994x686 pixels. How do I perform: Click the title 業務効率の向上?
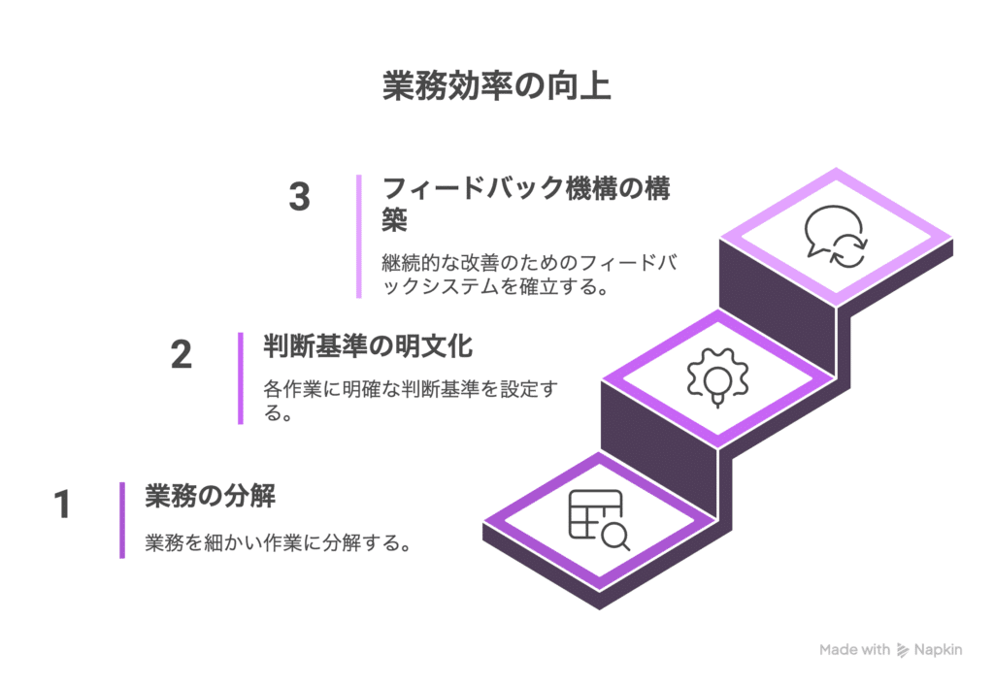tap(496, 86)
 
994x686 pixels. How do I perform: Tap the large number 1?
tap(62, 506)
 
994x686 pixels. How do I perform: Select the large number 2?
tap(182, 355)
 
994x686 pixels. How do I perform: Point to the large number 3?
tap(300, 197)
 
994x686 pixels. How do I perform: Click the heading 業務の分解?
tap(210, 497)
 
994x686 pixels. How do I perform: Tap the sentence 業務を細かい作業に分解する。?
tap(277, 543)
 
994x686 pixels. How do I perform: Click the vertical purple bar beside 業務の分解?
tap(122, 520)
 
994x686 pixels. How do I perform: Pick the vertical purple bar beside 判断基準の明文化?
tap(241, 378)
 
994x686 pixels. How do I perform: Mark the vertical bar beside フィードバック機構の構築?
tap(359, 236)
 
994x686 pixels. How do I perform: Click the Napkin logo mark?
tap(903, 650)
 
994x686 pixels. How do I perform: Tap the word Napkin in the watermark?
tap(938, 650)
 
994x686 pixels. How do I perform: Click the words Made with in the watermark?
tap(854, 650)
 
